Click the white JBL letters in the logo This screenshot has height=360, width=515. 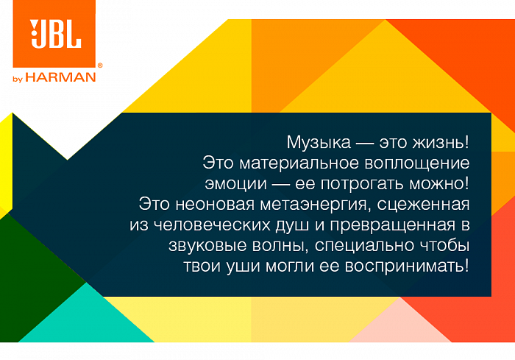(x=55, y=34)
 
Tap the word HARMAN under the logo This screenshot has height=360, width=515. (x=61, y=77)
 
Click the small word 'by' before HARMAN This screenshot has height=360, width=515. (x=18, y=79)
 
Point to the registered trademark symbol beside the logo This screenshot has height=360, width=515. (x=100, y=66)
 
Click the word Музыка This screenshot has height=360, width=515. (x=319, y=143)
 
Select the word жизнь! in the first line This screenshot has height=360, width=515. (x=441, y=142)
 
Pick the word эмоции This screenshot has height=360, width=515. (x=236, y=184)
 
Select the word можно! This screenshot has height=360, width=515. (x=439, y=184)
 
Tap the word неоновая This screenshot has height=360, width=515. (x=215, y=205)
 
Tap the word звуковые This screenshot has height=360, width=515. (x=207, y=246)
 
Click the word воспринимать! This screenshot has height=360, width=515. (x=407, y=267)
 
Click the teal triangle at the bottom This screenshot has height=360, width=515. (x=86, y=320)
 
